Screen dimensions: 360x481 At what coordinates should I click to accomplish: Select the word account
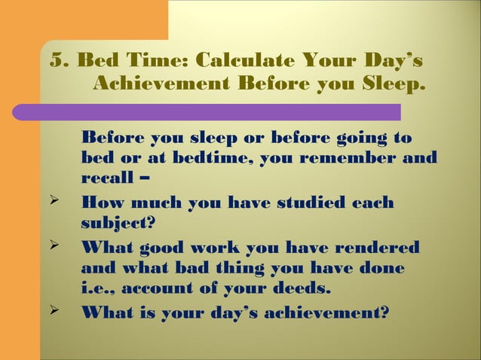point(162,289)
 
